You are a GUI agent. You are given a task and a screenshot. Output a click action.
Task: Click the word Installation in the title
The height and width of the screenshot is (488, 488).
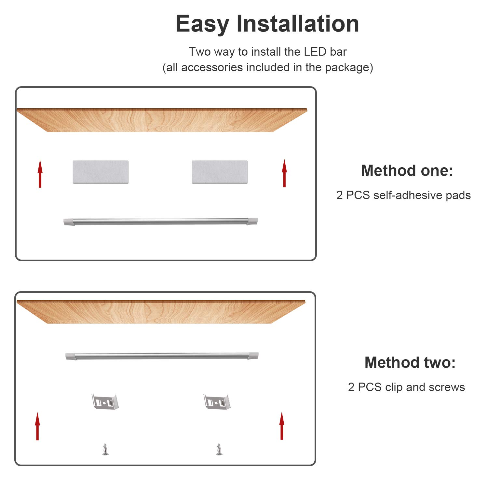point(298,23)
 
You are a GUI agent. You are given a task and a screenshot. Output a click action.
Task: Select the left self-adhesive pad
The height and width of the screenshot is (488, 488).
point(101,172)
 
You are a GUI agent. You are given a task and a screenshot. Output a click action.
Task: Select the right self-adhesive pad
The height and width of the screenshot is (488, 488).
point(220,172)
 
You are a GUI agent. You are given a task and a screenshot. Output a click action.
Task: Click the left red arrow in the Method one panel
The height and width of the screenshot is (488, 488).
point(40,173)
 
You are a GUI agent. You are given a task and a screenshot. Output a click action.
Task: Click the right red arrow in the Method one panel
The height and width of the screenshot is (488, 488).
point(284,173)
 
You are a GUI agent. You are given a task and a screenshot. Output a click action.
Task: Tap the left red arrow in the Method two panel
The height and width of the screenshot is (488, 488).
point(37,426)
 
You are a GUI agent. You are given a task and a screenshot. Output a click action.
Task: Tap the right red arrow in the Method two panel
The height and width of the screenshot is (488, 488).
point(282,426)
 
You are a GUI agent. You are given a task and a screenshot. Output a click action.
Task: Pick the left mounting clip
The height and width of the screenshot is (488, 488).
point(105,402)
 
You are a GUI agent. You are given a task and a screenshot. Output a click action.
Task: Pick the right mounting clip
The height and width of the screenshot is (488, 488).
point(217,402)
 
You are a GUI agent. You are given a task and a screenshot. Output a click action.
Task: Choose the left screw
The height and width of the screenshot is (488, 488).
point(105,449)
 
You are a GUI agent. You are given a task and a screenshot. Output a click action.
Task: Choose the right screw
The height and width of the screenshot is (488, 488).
point(219,449)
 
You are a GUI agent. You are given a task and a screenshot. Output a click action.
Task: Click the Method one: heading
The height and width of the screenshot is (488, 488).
point(407,170)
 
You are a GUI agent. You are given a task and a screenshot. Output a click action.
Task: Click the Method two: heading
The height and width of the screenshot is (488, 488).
point(410,362)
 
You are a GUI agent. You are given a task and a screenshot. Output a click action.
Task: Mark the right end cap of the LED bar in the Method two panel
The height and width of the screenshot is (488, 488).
point(253,356)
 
